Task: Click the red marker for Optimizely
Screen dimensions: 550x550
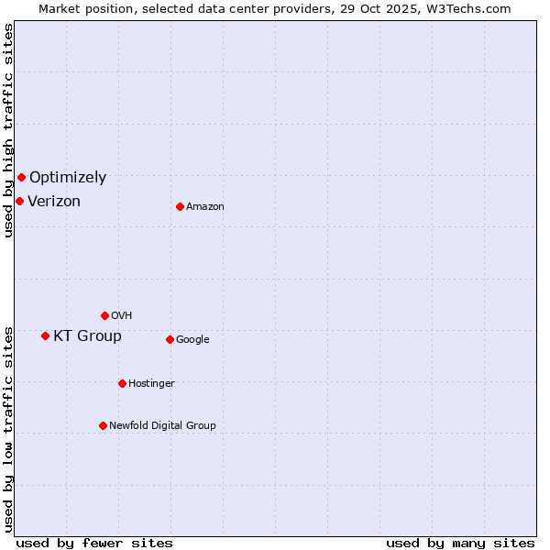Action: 21,177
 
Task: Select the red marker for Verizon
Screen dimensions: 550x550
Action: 19,201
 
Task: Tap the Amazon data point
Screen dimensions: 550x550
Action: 180,206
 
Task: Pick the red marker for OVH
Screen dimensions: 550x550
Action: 104,315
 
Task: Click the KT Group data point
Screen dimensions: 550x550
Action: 45,335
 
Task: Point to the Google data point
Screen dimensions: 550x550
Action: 170,339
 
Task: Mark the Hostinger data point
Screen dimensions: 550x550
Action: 122,383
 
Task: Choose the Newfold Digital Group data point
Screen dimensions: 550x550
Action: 103,425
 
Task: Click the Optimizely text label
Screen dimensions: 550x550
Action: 68,178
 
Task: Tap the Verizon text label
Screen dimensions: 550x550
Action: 54,202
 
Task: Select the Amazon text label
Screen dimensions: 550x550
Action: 205,207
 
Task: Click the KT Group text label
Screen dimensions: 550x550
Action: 87,336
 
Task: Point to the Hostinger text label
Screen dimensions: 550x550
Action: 151,384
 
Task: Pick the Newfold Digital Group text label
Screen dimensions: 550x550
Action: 162,426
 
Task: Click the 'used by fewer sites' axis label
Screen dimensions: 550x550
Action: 94,543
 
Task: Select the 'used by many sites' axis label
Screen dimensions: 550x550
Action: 460,543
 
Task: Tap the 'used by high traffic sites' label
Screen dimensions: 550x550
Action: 8,130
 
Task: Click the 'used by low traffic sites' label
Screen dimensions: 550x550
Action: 8,429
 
